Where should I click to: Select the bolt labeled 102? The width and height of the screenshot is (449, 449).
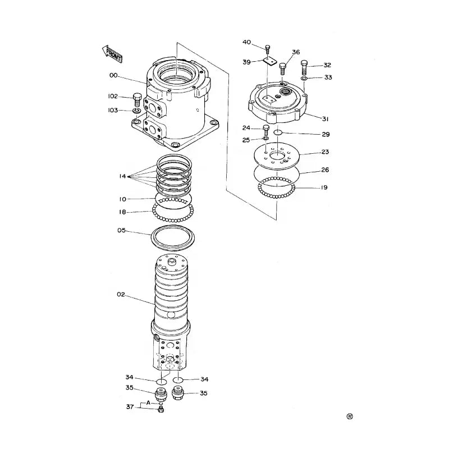click(137, 100)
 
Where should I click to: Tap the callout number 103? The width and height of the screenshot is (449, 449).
click(113, 111)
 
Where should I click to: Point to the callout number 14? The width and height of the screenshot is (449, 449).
click(122, 176)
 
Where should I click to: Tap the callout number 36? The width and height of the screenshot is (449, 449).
click(296, 52)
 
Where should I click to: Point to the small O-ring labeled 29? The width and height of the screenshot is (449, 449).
click(278, 133)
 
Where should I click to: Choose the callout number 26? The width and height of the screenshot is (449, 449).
click(324, 170)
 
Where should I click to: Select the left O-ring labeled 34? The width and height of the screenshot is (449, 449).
click(161, 382)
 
